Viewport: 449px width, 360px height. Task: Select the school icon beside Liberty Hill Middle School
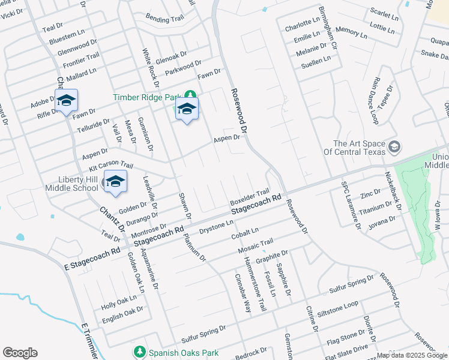tap(115, 181)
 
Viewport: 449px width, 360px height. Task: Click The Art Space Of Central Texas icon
tap(394, 147)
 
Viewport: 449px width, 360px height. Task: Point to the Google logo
tap(20, 353)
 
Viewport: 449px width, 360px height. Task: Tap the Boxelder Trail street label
tap(249, 196)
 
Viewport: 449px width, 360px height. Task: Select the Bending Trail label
tap(164, 19)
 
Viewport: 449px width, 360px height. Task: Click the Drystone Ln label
tap(215, 228)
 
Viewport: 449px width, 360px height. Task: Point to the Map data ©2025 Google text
tap(412, 355)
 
